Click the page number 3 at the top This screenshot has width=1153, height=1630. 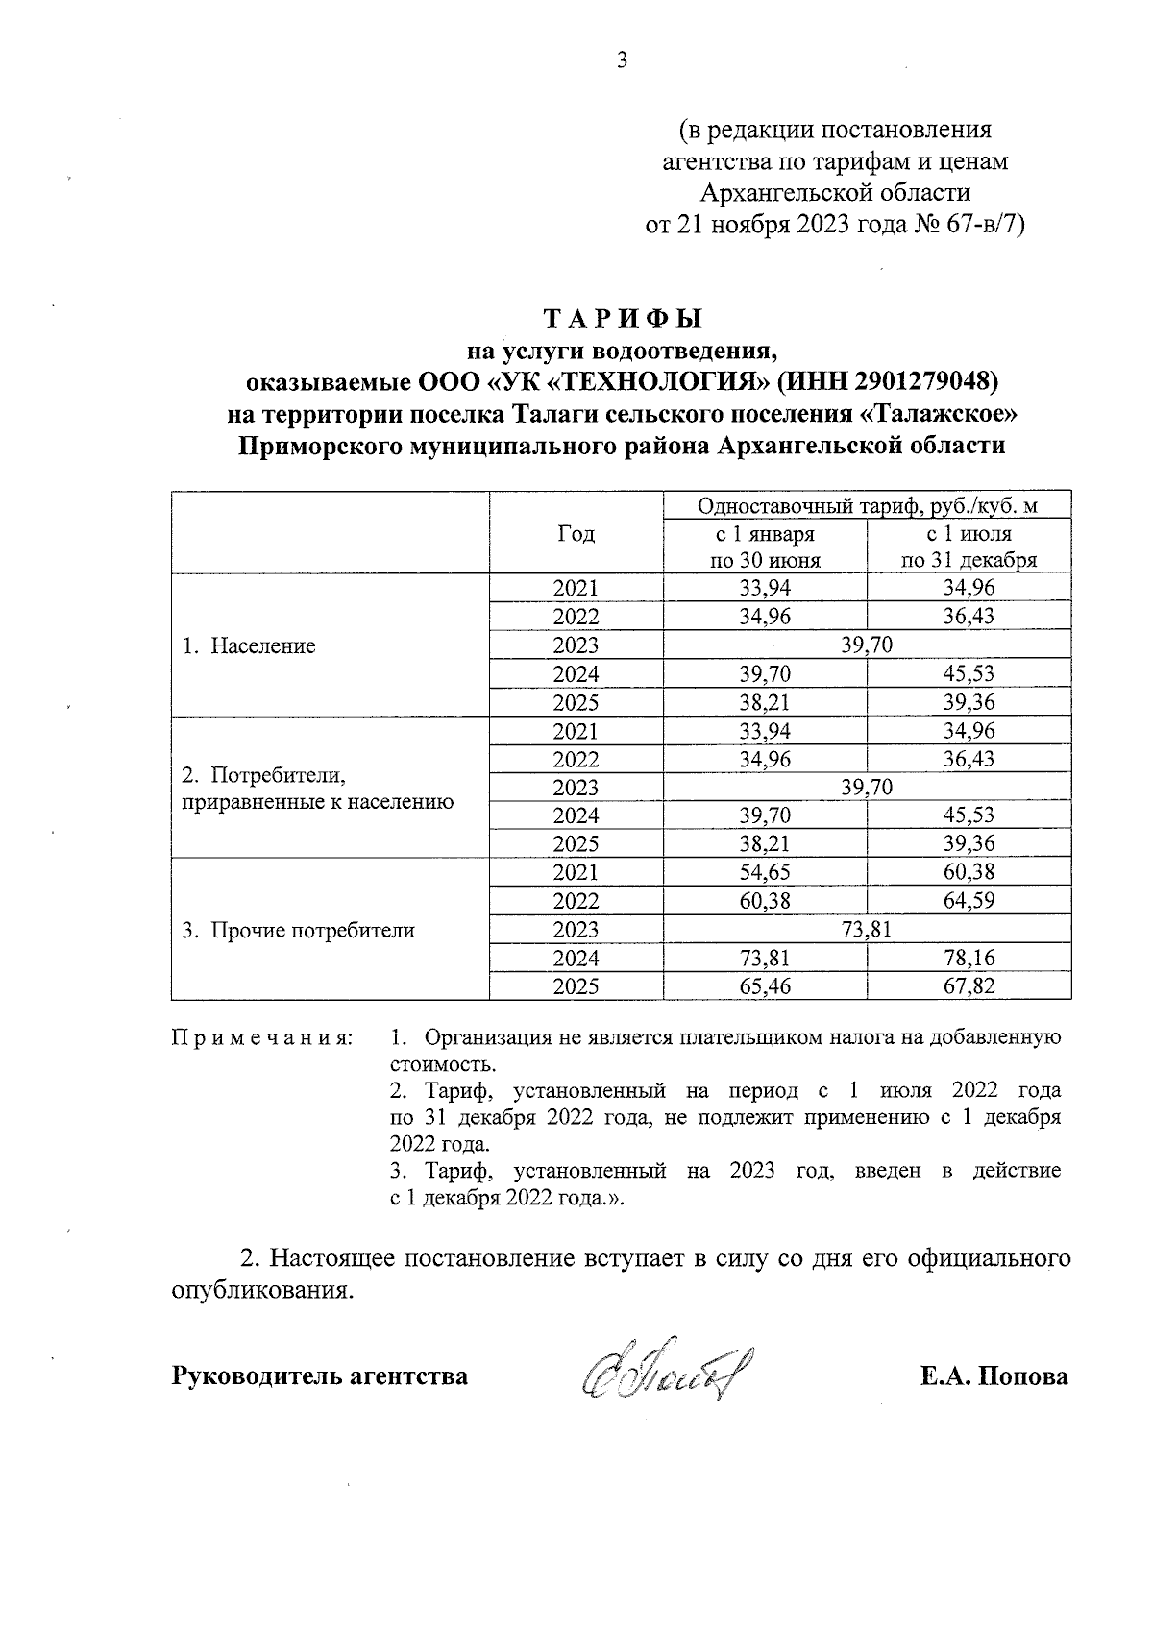622,61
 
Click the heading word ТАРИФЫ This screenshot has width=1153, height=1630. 623,318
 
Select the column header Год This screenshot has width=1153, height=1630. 576,534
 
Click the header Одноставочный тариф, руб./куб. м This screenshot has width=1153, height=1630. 867,506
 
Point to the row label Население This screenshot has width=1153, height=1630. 262,645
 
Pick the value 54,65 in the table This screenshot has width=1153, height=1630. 765,872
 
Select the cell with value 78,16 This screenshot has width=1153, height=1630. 969,958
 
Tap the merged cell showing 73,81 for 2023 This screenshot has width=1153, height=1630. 867,929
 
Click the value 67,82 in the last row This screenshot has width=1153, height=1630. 969,986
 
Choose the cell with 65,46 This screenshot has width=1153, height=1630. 765,986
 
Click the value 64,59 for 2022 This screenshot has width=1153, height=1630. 969,901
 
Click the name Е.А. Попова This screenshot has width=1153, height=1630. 994,1376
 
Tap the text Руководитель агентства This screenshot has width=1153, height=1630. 320,1376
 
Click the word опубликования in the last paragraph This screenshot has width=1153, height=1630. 258,1290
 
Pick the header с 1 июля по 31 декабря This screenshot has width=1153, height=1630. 969,547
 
